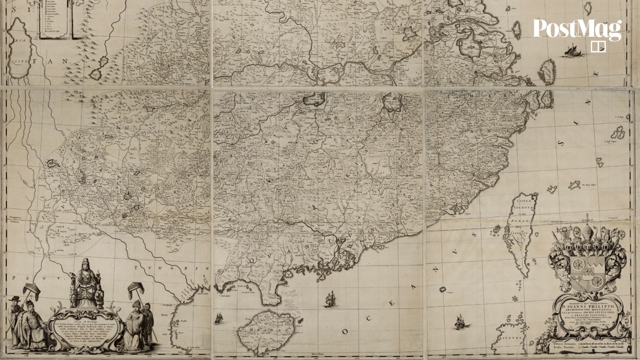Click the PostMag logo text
coord(577,30)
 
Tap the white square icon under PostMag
coord(598,46)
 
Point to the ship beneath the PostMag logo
coord(573,51)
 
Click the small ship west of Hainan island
coord(218,318)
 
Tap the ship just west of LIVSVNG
coord(459,322)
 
